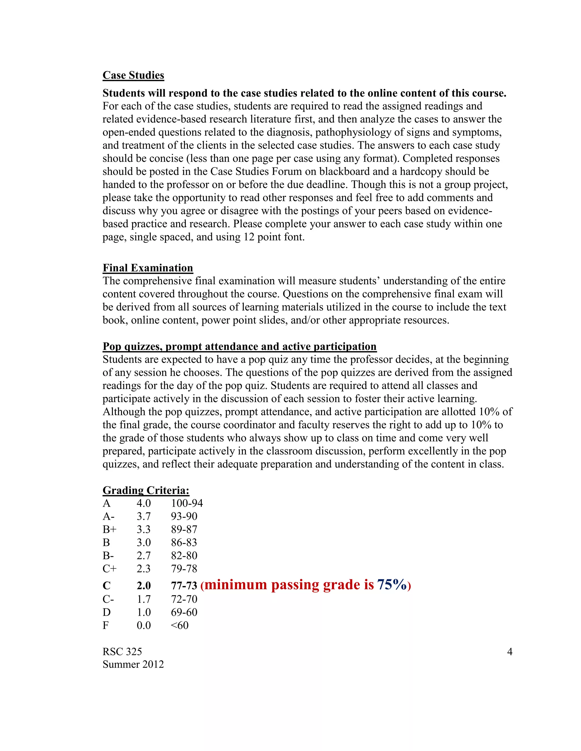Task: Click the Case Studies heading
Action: tap(133, 75)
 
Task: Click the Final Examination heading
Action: tap(148, 268)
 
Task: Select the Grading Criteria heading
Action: tap(146, 490)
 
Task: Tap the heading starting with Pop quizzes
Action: tap(239, 346)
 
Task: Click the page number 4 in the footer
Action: tap(510, 652)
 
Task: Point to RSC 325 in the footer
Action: tap(122, 652)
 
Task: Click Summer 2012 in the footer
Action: tap(133, 664)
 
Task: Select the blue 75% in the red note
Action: tap(392, 585)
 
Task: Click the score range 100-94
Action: tap(187, 503)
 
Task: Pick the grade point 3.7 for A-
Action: tap(144, 516)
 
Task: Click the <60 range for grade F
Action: tap(180, 625)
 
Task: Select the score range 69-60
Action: tap(184, 612)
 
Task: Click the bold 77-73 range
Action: tap(184, 585)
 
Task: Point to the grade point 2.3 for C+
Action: tap(144, 569)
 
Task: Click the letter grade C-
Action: tap(108, 599)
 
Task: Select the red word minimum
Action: tap(236, 585)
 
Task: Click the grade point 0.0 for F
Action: tap(144, 625)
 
